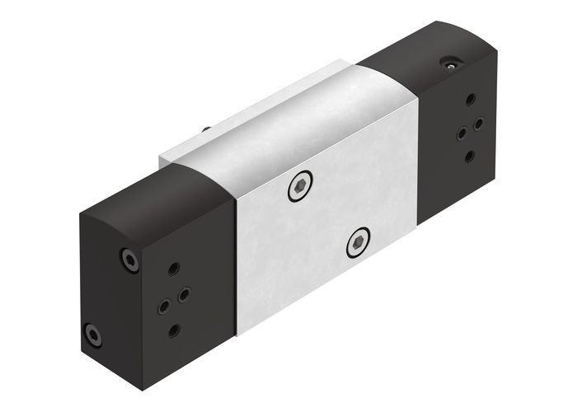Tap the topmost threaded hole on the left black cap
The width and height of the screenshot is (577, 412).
[174, 269]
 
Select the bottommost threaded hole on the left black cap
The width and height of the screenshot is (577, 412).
[173, 330]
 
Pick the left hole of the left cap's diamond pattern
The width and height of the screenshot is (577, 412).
[163, 305]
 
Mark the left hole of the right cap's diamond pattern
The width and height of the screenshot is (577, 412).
[460, 133]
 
